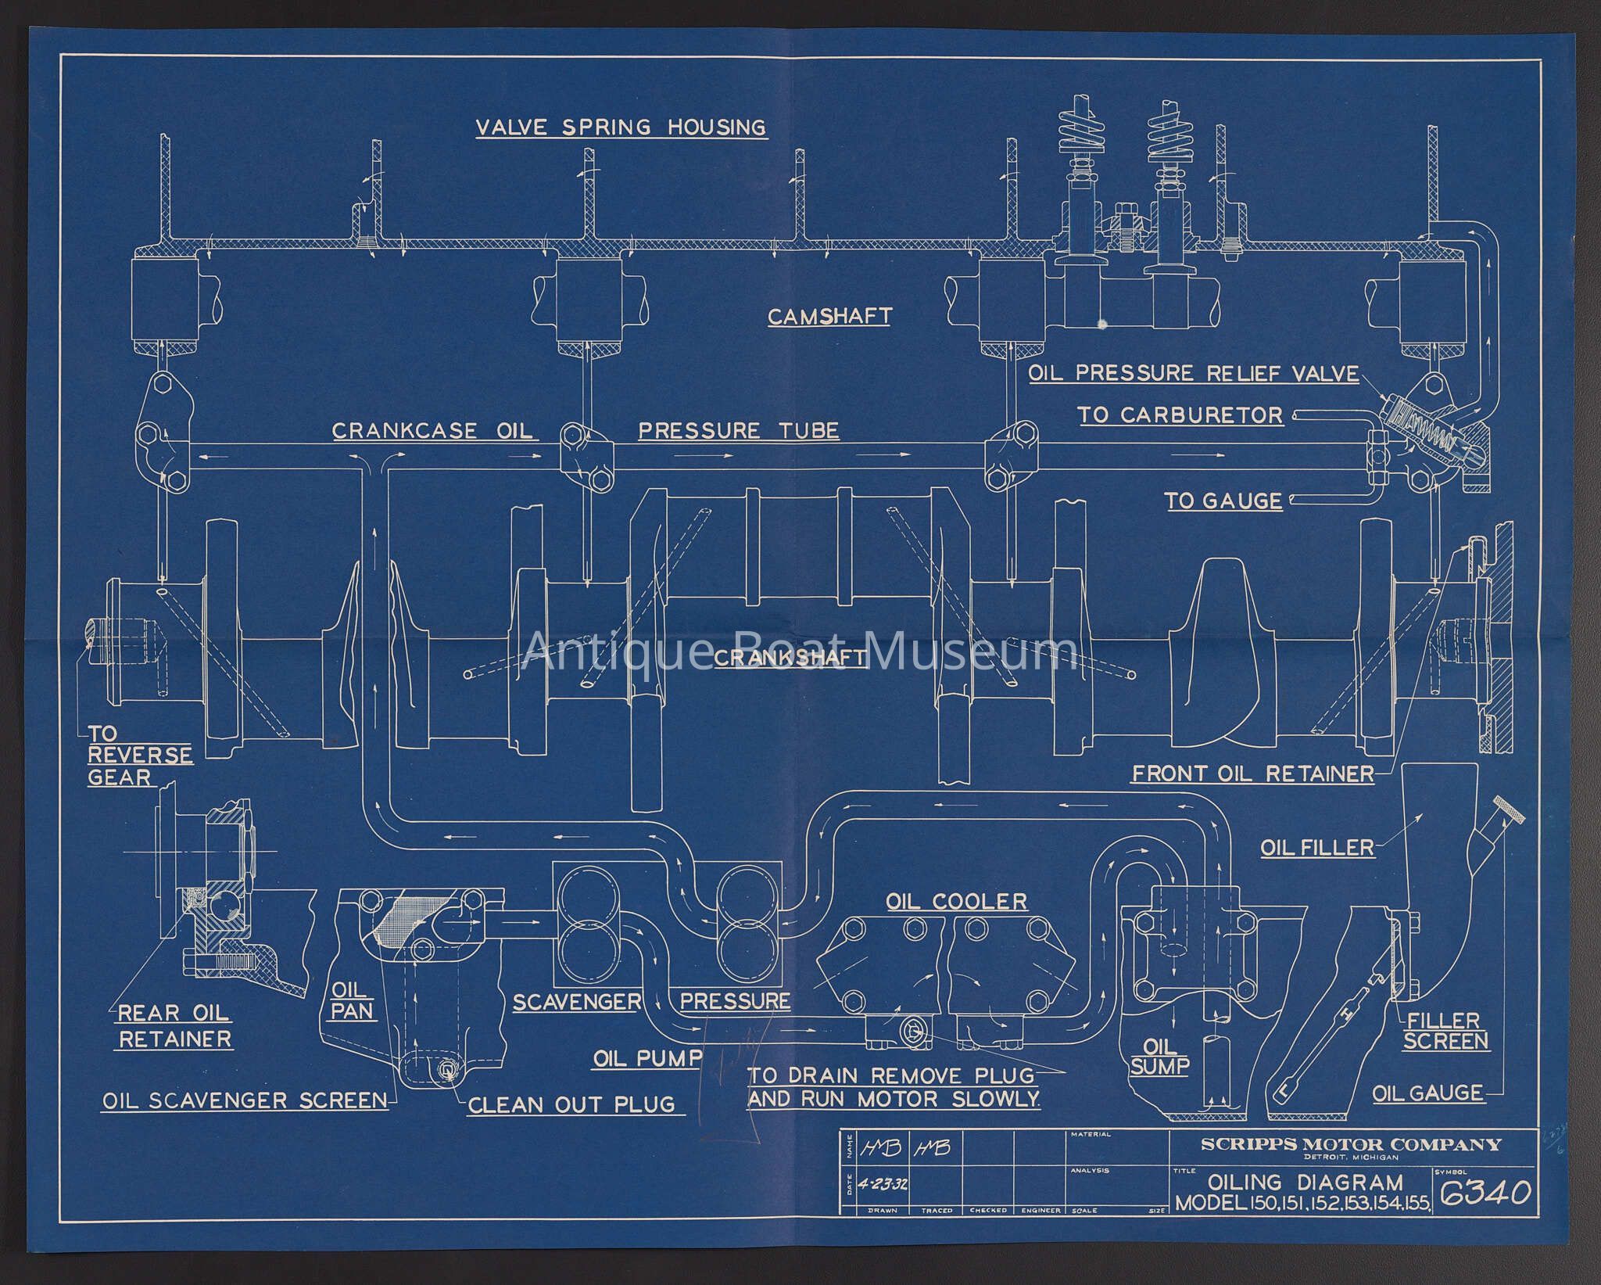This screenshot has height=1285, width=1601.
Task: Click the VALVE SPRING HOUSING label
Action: click(x=621, y=127)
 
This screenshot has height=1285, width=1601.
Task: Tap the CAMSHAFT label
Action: click(x=829, y=316)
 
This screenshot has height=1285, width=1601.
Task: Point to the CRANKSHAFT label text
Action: click(x=790, y=658)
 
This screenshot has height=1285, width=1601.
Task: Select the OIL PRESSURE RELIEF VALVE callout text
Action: click(x=1193, y=373)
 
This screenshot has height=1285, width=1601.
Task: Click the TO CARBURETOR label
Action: click(x=1180, y=415)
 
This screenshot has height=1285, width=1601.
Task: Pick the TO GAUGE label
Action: click(x=1223, y=501)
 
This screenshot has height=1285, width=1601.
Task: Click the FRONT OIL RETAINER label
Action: click(x=1253, y=774)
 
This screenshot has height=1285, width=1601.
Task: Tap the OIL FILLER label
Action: click(x=1317, y=847)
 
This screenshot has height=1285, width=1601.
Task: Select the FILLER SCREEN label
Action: click(x=1445, y=1031)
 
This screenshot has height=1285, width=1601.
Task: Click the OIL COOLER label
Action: click(x=956, y=901)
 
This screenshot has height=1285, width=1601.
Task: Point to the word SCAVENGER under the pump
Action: click(x=577, y=1002)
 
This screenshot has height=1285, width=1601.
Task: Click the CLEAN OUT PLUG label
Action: click(x=571, y=1104)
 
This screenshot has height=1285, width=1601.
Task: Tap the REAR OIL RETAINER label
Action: click(x=174, y=1025)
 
